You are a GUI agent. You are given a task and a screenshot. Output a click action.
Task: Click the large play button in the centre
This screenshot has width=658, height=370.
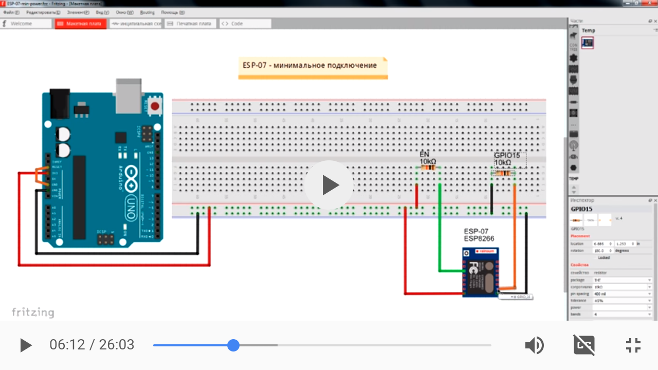point(328,185)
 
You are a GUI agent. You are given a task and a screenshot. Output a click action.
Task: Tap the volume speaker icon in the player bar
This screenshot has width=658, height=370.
point(534,345)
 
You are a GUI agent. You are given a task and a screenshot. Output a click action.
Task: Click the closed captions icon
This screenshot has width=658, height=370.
point(584,345)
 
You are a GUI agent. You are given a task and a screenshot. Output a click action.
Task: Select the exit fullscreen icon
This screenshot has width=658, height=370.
point(633,345)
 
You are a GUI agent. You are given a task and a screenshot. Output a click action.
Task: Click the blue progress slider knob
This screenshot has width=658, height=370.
point(233,345)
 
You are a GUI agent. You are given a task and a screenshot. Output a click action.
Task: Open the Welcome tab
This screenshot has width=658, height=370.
point(26,24)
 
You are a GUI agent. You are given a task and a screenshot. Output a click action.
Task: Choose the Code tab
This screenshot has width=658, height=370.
point(245,24)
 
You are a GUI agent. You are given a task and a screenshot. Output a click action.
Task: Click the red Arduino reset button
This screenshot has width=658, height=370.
point(154,106)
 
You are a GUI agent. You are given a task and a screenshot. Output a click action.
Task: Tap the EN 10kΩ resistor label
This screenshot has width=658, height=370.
point(427,158)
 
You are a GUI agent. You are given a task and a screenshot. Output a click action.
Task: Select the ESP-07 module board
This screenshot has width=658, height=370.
point(480,272)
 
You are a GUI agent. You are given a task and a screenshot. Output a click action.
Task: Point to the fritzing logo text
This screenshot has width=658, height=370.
point(33,312)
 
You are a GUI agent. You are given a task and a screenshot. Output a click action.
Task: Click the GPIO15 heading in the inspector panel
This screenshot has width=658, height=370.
point(581,209)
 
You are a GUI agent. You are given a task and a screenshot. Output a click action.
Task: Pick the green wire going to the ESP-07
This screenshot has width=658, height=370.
point(440,231)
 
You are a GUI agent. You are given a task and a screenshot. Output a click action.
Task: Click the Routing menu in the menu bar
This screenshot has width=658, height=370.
point(147,12)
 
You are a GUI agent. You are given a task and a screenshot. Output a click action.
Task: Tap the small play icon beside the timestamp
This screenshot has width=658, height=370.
point(26,345)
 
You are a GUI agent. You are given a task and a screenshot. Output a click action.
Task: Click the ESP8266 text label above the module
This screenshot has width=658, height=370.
point(479,238)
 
